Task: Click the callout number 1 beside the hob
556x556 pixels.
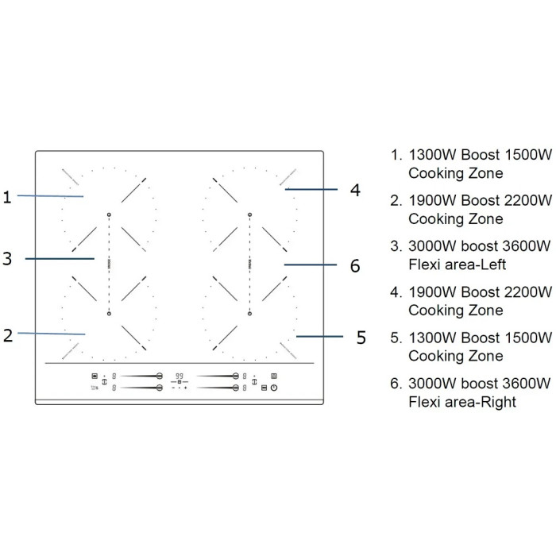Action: coord(7,197)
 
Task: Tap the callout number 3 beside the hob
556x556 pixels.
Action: coord(7,258)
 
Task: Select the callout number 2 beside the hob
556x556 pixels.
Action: coord(8,335)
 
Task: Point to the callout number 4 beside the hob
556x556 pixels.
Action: coord(355,190)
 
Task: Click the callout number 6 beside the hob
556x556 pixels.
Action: coord(355,265)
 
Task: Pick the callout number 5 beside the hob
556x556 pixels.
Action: coord(361,338)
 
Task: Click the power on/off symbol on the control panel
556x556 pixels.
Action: coord(274,388)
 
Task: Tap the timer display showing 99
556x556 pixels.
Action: coord(180,376)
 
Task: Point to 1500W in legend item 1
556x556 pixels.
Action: coord(528,155)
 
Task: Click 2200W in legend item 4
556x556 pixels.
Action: coord(528,292)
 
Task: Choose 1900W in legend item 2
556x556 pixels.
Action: coord(432,200)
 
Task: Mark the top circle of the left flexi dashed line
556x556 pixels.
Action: coord(109,214)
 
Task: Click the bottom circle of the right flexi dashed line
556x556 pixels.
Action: coord(249,314)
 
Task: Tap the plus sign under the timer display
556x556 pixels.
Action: coord(185,388)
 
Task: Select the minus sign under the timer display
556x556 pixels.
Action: coord(173,388)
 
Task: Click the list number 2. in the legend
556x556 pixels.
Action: coord(396,201)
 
